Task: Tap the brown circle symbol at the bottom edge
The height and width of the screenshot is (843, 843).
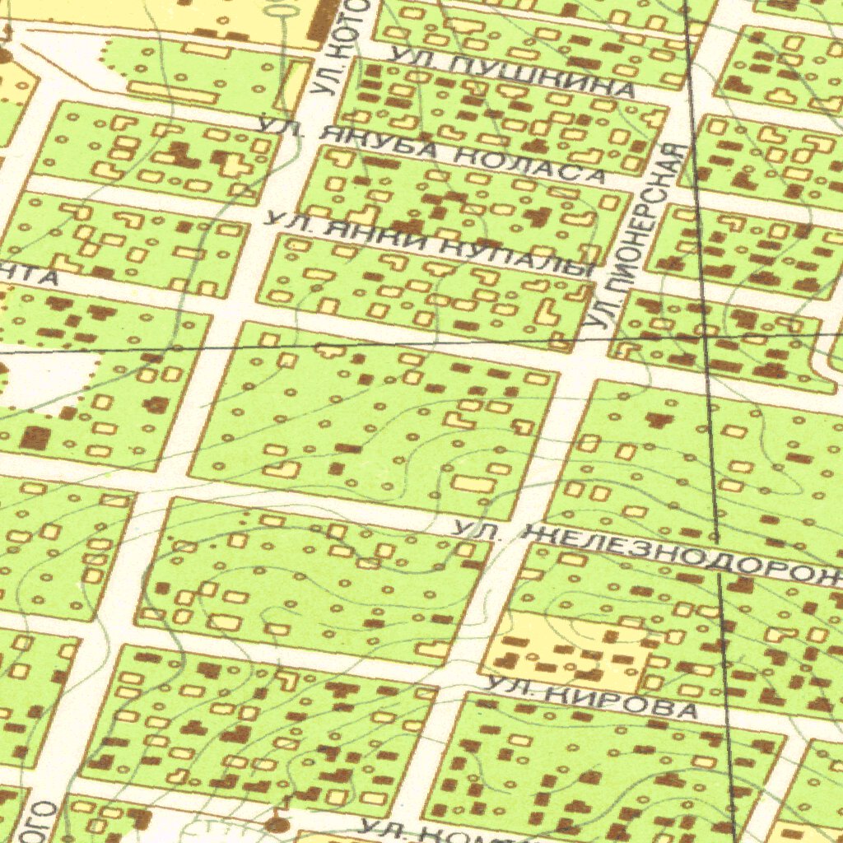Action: click(x=277, y=824)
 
